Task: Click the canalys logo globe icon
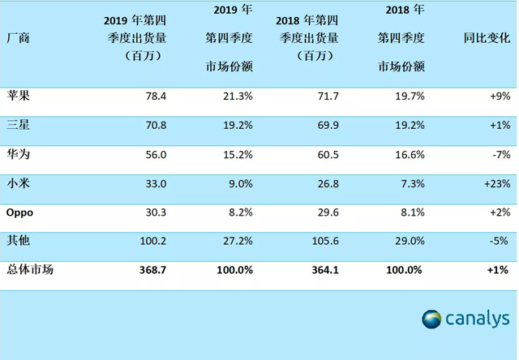coord(431,319)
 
